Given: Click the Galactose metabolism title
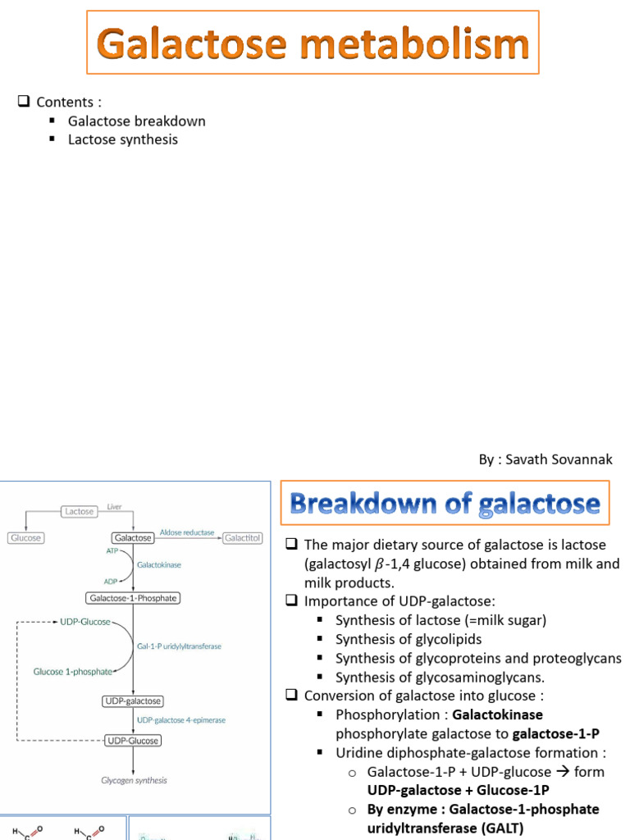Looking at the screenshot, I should (x=313, y=43).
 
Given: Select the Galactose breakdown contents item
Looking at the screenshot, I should (x=136, y=121).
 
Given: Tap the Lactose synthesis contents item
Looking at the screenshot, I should (x=122, y=139).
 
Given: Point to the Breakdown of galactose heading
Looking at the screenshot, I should (x=445, y=503).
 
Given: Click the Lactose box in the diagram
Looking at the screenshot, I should (x=79, y=511).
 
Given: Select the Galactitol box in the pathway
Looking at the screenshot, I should (x=243, y=538).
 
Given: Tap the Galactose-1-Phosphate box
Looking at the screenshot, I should (x=132, y=598).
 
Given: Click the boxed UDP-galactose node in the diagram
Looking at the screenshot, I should (x=132, y=701).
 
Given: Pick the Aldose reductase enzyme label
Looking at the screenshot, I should (x=186, y=532).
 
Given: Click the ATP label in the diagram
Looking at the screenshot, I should (x=111, y=552).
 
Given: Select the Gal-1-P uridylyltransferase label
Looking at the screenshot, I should (x=179, y=646).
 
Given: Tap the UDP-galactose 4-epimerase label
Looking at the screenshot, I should (x=180, y=720).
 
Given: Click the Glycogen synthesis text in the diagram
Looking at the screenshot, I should (x=134, y=780).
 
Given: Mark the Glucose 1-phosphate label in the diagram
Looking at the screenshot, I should (x=72, y=671).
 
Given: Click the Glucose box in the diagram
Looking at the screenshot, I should (x=25, y=538).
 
